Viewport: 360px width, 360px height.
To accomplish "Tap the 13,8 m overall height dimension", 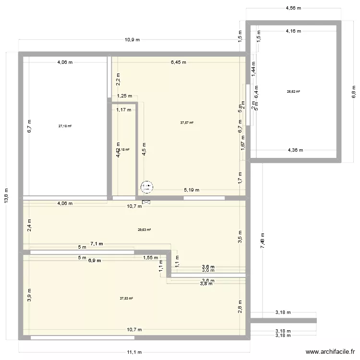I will click(6, 196).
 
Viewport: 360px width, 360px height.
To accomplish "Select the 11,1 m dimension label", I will click(135, 352).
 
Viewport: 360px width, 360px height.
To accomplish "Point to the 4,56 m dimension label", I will click(293, 8).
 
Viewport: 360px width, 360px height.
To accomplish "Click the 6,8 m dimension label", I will click(354, 91).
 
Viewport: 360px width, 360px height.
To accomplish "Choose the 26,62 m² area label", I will click(293, 91).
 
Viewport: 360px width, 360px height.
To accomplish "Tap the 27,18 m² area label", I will click(65, 126).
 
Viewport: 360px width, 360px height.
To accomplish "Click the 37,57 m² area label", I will click(187, 123).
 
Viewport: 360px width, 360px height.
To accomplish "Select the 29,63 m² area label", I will click(144, 229).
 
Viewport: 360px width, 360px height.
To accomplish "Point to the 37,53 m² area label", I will click(126, 298).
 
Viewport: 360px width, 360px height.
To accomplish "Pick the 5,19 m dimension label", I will click(191, 190).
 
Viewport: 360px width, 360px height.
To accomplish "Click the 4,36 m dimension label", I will click(295, 150).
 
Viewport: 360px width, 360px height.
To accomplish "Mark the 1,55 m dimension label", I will click(150, 258).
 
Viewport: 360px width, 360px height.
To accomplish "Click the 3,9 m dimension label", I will click(29, 294).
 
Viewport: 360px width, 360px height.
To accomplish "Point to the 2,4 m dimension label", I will click(29, 225).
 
